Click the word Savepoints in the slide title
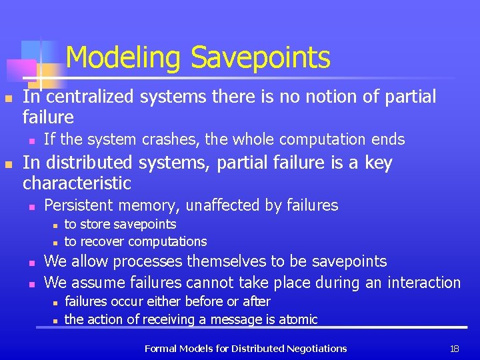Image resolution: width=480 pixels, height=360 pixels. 261,58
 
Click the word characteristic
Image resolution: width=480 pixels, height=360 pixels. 77,183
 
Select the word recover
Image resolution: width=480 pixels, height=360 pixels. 102,241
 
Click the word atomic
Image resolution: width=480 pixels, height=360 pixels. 299,319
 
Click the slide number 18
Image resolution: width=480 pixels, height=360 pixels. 455,348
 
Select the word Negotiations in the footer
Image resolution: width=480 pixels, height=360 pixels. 315,348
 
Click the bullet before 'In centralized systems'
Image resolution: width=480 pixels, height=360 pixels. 8,98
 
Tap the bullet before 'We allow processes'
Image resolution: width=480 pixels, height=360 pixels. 31,262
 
